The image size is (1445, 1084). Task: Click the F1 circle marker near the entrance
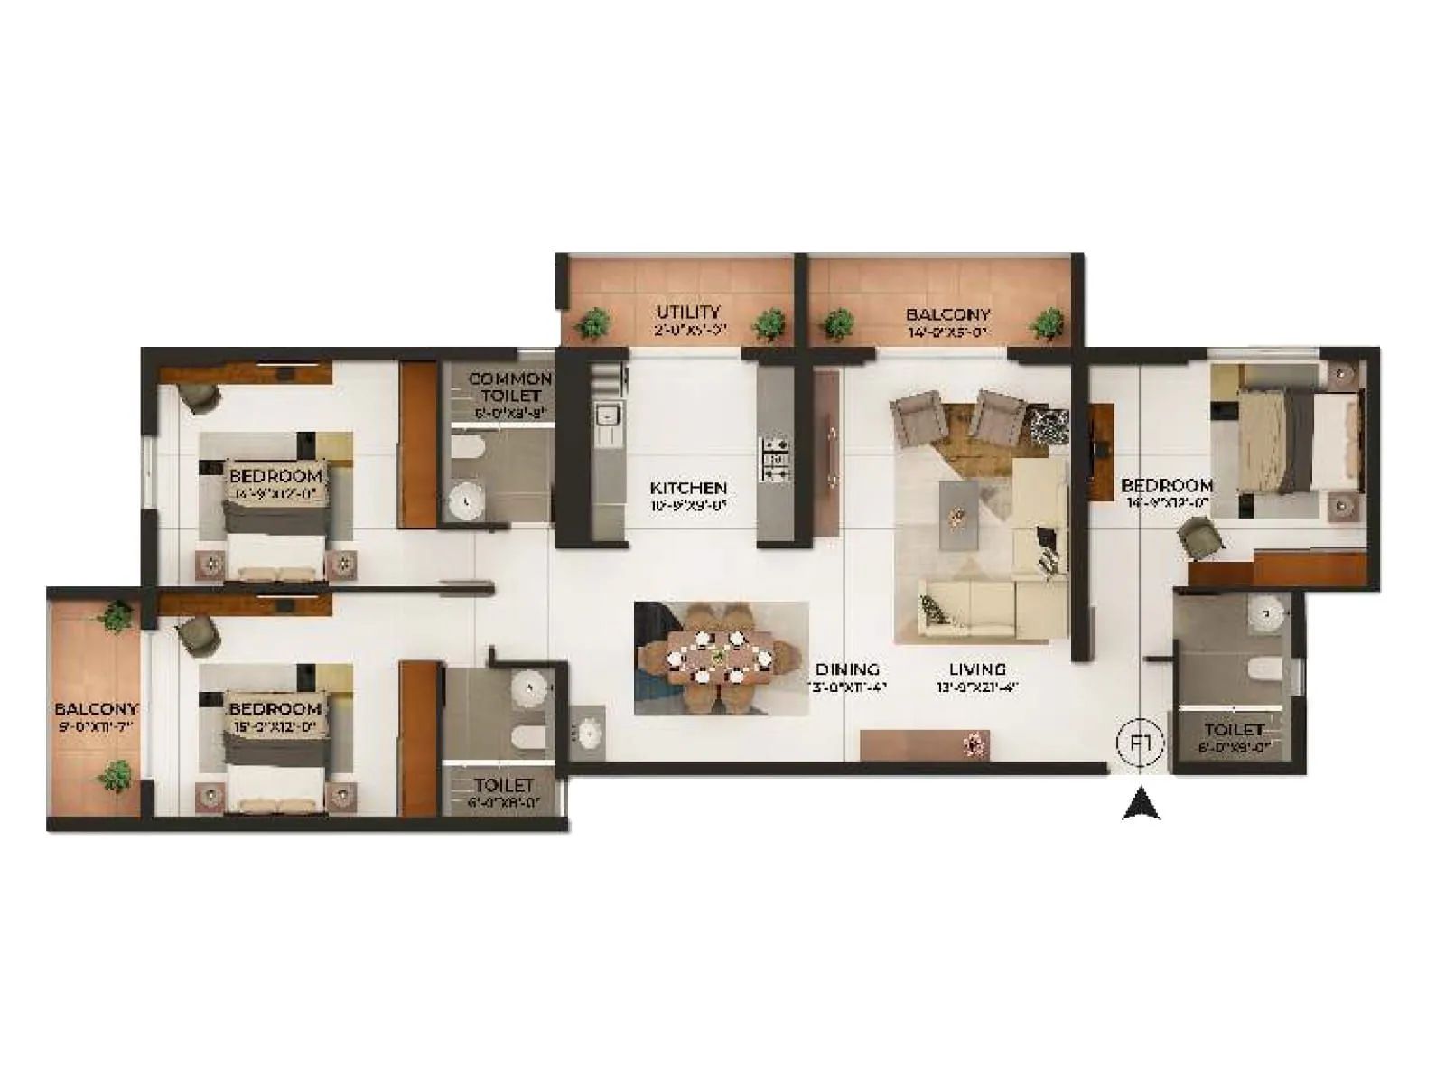tap(1141, 743)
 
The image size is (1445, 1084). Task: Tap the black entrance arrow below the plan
tap(1141, 804)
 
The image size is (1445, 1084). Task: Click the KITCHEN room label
tap(688, 488)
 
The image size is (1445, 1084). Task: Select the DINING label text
tap(847, 669)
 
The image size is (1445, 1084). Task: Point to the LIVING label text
tap(977, 669)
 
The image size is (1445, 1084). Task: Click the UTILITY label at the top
tap(688, 313)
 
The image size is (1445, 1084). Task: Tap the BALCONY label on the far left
tap(96, 709)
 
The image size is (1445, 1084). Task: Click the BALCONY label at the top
tap(947, 314)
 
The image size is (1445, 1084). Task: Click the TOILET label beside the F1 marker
tap(1234, 729)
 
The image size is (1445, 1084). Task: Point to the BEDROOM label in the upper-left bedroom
tap(275, 475)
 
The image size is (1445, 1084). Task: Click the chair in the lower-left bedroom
tap(200, 635)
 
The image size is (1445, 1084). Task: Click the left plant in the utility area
tap(593, 322)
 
